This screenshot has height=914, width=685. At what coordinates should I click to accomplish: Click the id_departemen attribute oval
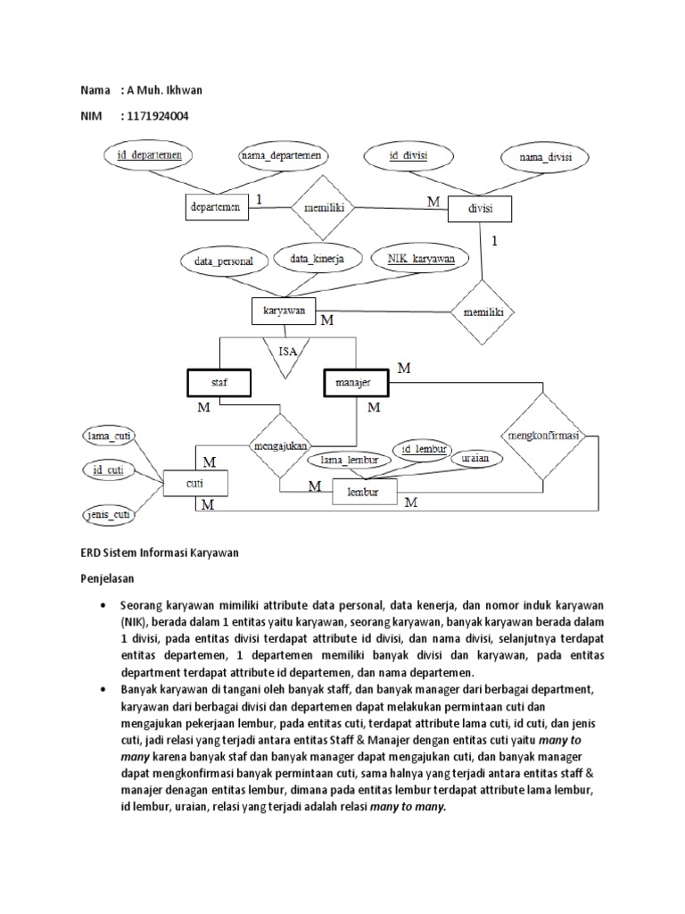point(150,155)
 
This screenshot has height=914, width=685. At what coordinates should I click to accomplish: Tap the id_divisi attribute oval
point(409,155)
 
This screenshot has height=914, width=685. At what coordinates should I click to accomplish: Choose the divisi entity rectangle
point(480,209)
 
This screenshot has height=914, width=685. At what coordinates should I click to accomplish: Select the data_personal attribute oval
point(224,262)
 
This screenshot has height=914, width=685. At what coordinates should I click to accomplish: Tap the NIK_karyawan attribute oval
point(421,259)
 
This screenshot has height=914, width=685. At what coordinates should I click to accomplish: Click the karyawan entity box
point(284,312)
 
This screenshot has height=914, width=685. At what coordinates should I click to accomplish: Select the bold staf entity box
point(219,382)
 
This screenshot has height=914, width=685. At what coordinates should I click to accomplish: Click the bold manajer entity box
point(353,382)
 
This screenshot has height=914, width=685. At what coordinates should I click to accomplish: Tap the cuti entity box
point(195,485)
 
